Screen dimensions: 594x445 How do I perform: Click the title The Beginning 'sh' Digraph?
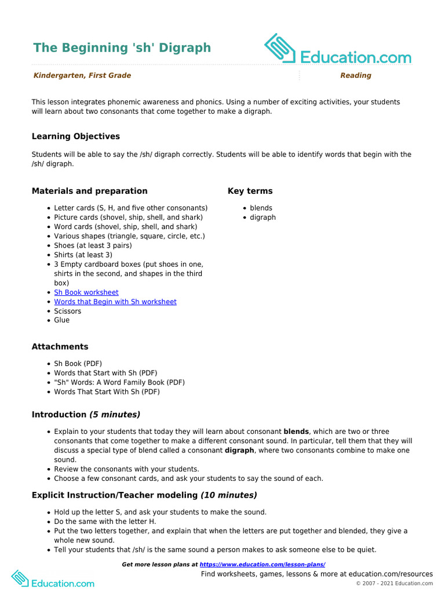point(122,48)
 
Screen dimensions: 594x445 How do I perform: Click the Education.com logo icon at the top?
point(280,48)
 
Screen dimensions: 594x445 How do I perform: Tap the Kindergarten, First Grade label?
point(82,75)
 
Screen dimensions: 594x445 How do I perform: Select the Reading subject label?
point(355,75)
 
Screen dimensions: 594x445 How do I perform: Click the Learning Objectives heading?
point(75,136)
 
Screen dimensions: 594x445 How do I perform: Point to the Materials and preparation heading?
point(89,191)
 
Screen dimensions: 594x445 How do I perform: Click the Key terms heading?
point(250,191)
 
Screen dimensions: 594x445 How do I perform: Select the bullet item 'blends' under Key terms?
point(261,208)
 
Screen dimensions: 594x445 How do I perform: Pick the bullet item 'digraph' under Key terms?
point(262,218)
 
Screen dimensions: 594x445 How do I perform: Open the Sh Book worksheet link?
point(86,292)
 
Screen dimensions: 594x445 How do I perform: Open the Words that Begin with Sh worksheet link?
point(115,302)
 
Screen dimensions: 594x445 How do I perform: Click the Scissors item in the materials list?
point(67,311)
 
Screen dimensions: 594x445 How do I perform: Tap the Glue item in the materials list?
point(61,320)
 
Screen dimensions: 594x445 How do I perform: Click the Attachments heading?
point(60,347)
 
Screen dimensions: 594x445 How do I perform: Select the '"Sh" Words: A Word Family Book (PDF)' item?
point(119,382)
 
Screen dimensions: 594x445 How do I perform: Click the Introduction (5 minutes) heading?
point(86,415)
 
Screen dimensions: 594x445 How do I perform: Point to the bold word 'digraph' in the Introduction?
point(239,450)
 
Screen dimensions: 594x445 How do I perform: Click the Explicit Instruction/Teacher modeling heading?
point(144,495)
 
